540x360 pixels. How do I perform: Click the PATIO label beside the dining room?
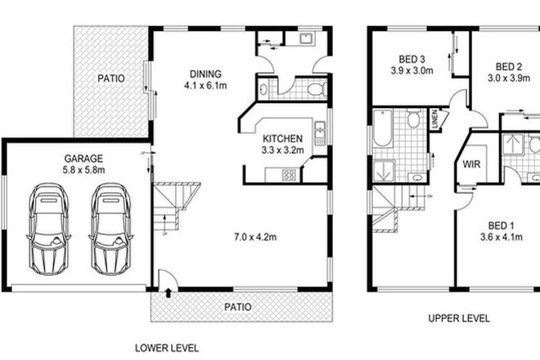[110, 79]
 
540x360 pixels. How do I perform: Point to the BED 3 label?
[412, 59]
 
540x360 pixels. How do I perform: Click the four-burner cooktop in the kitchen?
[288, 173]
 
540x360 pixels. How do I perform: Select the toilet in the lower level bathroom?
[318, 88]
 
